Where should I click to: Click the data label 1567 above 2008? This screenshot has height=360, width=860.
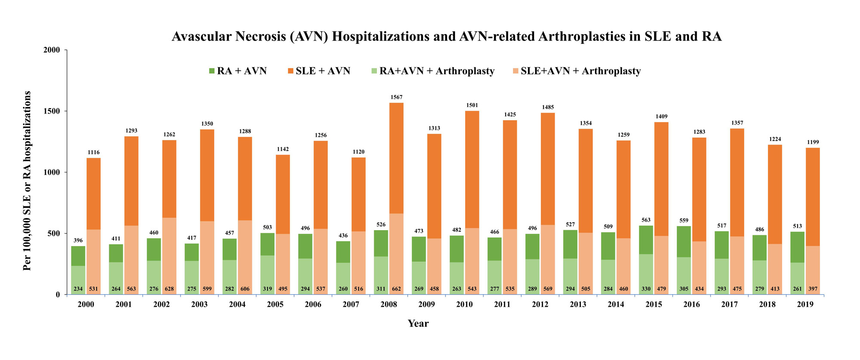click(396, 97)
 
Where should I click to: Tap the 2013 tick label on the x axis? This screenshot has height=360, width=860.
click(578, 305)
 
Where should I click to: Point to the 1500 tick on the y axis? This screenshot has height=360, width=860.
click(52, 111)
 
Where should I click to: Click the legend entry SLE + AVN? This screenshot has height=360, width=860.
click(322, 71)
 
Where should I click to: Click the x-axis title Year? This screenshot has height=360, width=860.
click(418, 323)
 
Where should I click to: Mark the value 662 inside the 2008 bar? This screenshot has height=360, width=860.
click(396, 289)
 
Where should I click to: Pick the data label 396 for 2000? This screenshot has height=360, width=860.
click(78, 240)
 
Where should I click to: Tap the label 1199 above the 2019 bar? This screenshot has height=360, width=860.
click(813, 142)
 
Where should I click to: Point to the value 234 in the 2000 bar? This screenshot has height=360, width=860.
click(78, 289)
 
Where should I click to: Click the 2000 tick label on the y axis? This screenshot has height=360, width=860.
click(52, 50)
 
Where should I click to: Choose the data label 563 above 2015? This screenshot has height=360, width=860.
click(646, 220)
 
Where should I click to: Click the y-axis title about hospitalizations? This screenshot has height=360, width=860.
click(28, 181)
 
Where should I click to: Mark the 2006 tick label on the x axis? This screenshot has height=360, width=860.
click(313, 305)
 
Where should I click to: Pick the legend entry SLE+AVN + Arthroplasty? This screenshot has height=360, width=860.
click(580, 71)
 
